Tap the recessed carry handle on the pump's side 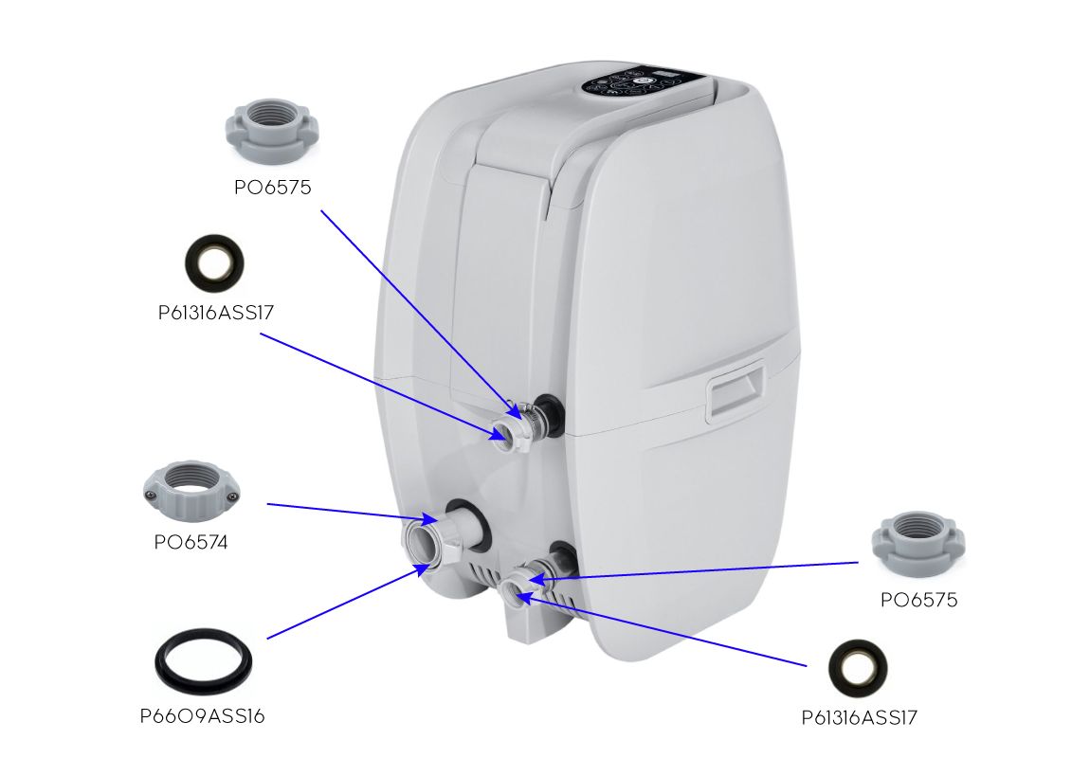[x=736, y=392]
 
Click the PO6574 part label [x=191, y=543]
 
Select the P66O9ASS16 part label [x=202, y=716]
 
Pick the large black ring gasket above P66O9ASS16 [x=205, y=659]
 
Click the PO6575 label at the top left [x=273, y=188]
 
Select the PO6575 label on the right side [x=918, y=600]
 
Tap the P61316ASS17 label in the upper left [x=216, y=313]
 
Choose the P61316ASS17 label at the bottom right [x=859, y=717]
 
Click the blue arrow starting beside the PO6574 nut [x=351, y=512]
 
